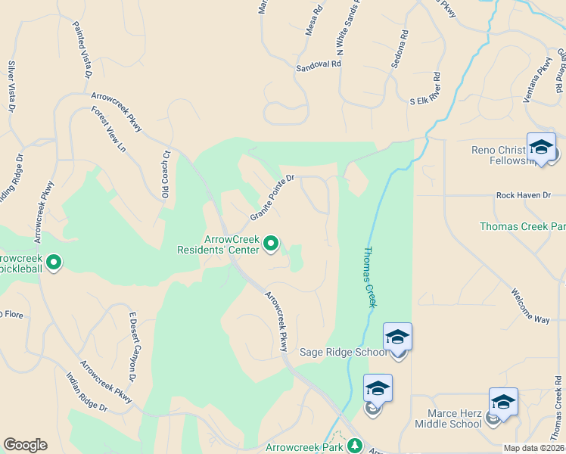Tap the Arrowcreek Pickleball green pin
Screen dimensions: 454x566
coord(54,263)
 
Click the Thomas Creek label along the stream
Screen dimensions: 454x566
coord(369,276)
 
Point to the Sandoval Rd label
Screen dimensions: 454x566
coord(319,66)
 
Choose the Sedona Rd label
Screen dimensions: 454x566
coord(399,50)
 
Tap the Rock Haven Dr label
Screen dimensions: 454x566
coord(523,195)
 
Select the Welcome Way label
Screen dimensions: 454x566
coord(530,306)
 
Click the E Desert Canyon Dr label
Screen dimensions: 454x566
coord(132,346)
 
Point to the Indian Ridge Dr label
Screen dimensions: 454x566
coord(86,392)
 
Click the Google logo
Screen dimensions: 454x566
coord(25,445)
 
